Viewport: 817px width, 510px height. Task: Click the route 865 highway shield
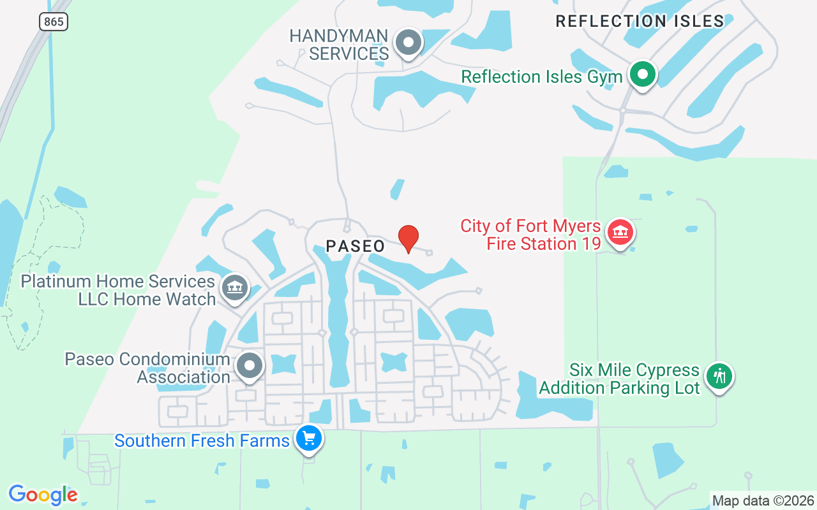[54, 22]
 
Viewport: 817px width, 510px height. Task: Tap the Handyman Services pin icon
[408, 43]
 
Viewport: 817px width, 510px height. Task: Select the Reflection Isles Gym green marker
[643, 75]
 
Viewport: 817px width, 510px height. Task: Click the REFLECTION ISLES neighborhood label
[640, 21]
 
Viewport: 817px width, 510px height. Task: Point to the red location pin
[408, 238]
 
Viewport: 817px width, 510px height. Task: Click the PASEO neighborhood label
[356, 246]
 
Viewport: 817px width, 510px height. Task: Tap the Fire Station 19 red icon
[619, 233]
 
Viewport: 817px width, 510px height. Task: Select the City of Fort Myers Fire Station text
[530, 235]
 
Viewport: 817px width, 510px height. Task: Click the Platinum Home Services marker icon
[235, 288]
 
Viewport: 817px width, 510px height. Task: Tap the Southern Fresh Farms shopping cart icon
[310, 439]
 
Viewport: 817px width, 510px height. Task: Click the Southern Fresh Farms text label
[202, 441]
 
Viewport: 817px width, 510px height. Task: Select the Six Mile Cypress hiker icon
[720, 376]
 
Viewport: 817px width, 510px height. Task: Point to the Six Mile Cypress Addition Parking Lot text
[619, 379]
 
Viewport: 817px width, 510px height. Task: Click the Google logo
[43, 494]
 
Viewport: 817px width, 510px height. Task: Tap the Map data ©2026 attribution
[763, 500]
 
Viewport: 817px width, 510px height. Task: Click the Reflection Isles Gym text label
[541, 77]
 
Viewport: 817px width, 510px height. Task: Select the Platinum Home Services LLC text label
[118, 290]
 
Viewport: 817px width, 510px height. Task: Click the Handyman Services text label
[339, 45]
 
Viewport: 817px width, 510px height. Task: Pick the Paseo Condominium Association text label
[147, 368]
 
